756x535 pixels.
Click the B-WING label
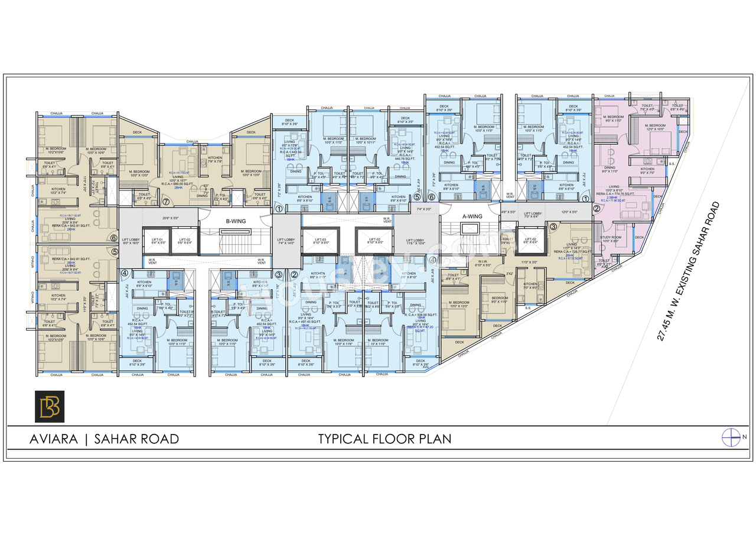tap(236, 221)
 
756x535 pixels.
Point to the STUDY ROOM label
tap(611, 238)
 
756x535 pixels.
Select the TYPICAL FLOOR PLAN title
tap(384, 439)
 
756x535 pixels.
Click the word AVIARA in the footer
tap(54, 439)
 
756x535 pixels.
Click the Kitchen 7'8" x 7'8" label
tap(214, 158)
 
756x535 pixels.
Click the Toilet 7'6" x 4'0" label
tap(648, 108)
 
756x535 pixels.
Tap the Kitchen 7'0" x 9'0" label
tap(530, 286)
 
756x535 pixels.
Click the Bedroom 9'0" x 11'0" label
tap(499, 300)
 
